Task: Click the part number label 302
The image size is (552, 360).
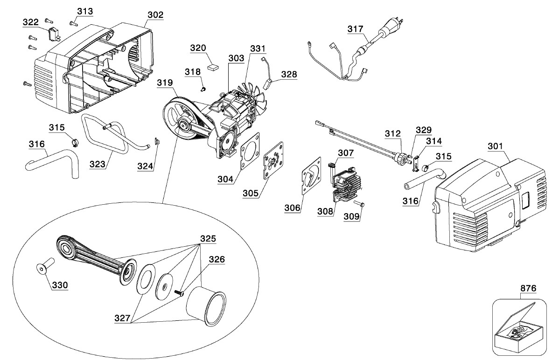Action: [x=155, y=15]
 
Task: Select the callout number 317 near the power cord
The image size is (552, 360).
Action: [x=355, y=29]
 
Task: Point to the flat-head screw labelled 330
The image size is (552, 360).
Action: [x=43, y=269]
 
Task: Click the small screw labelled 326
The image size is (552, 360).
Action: [x=180, y=292]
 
